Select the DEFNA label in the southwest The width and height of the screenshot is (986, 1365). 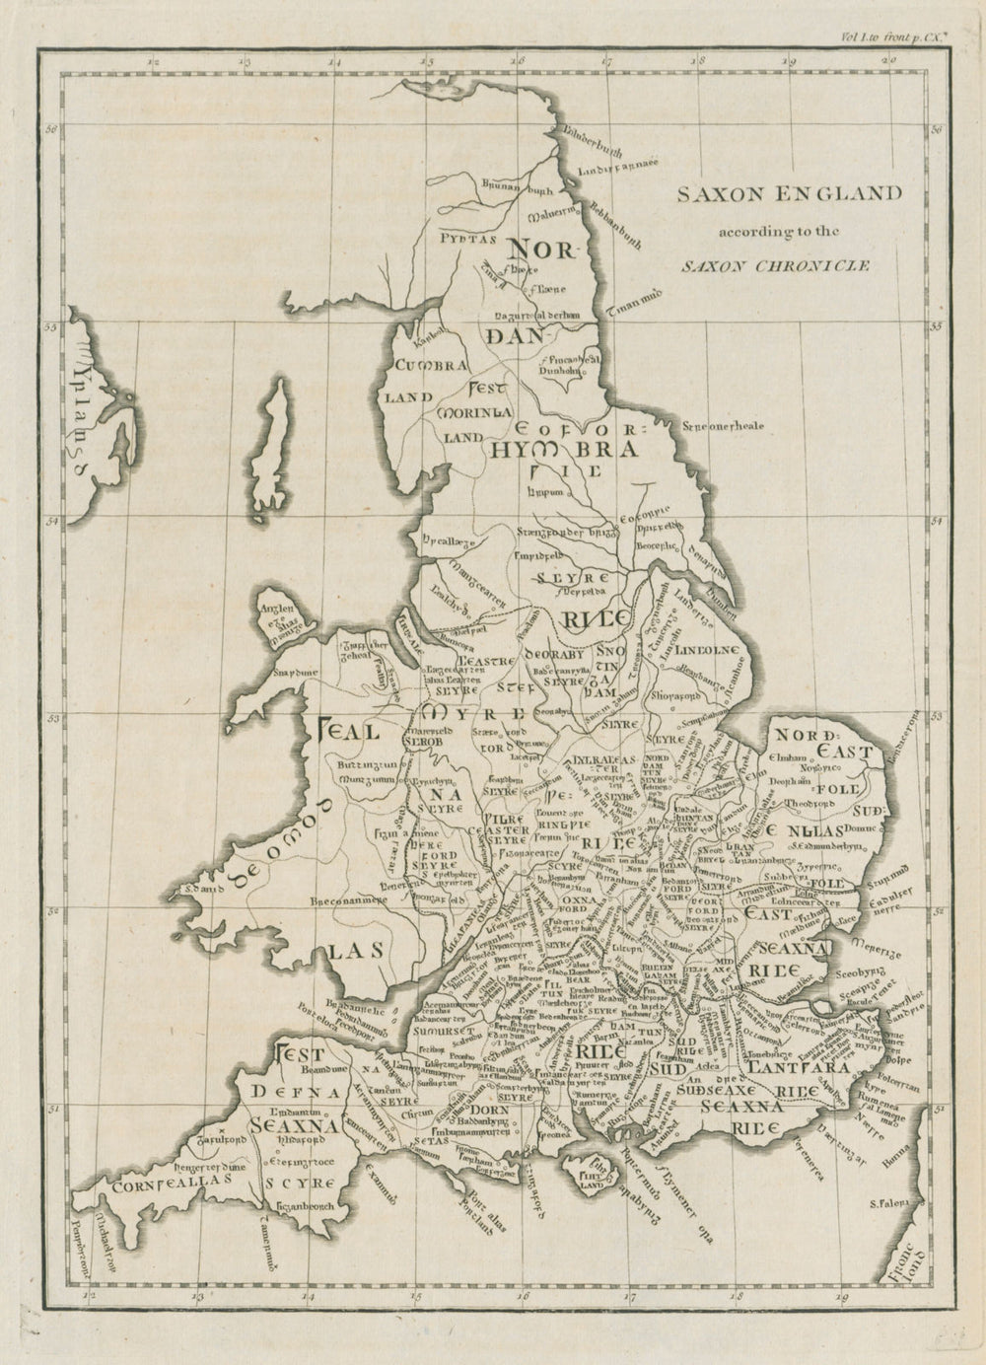296,1092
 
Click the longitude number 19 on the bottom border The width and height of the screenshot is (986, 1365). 841,1300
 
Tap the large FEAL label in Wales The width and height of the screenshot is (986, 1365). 347,732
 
